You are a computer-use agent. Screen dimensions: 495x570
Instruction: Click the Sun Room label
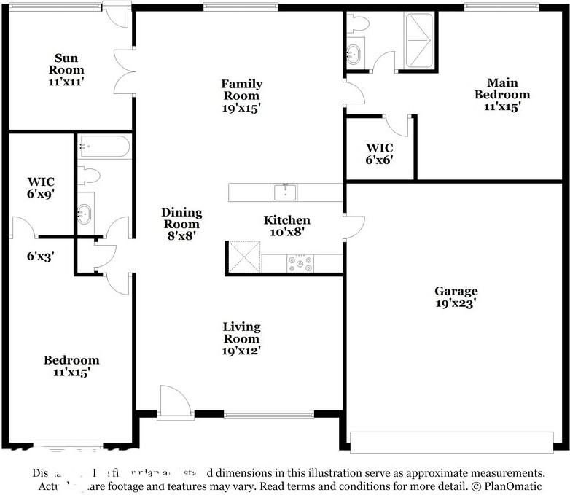pyautogui.click(x=67, y=64)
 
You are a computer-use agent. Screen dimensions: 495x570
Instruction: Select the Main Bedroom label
pyautogui.click(x=502, y=88)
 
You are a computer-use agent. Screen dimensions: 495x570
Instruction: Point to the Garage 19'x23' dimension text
pyautogui.click(x=457, y=303)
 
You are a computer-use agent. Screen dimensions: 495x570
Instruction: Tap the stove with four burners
pyautogui.click(x=300, y=263)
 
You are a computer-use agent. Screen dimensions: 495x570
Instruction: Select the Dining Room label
pyautogui.click(x=181, y=218)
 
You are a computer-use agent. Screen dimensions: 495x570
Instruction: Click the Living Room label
pyautogui.click(x=241, y=332)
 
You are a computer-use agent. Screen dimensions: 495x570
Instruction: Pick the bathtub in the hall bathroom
pyautogui.click(x=104, y=147)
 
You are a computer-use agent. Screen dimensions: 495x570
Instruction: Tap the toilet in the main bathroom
pyautogui.click(x=357, y=23)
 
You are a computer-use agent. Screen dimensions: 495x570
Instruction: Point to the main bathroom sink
pyautogui.click(x=354, y=53)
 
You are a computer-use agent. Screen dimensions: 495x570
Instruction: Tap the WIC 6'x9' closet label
pyautogui.click(x=41, y=187)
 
